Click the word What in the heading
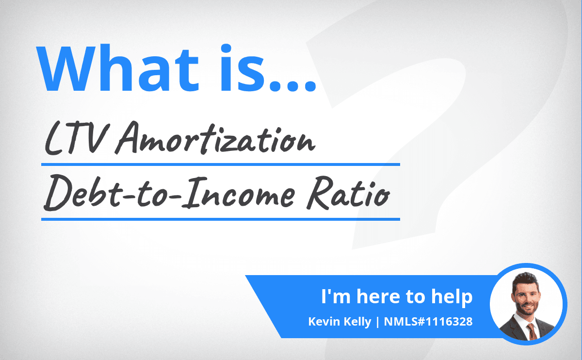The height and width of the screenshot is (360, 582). (x=117, y=68)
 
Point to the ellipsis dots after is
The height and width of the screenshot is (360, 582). (x=292, y=86)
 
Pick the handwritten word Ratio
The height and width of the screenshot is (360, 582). (x=348, y=193)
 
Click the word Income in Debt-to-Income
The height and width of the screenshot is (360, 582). (x=239, y=192)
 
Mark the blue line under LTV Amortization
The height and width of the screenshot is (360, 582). (x=221, y=164)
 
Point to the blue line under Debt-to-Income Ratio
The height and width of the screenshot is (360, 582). (x=221, y=219)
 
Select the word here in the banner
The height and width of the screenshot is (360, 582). (x=378, y=296)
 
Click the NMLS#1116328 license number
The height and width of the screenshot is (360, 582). (x=428, y=322)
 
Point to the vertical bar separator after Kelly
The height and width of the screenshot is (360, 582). (x=377, y=322)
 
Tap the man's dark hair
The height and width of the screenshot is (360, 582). (x=525, y=281)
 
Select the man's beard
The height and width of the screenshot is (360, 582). (x=526, y=308)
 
